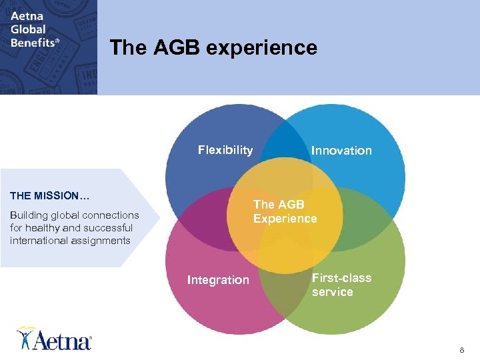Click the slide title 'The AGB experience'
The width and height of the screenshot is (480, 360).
click(213, 48)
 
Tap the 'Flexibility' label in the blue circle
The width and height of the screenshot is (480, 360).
click(225, 150)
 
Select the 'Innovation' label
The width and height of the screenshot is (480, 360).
click(341, 151)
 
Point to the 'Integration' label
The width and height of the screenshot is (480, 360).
click(218, 280)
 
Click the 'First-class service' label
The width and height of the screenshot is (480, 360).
click(341, 285)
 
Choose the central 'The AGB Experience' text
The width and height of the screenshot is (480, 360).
click(285, 211)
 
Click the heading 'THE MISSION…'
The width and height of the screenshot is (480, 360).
click(50, 196)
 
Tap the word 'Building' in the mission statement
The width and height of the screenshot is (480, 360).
click(29, 215)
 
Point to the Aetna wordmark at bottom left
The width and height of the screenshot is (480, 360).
click(63, 341)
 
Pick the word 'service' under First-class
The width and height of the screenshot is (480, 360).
click(332, 292)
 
